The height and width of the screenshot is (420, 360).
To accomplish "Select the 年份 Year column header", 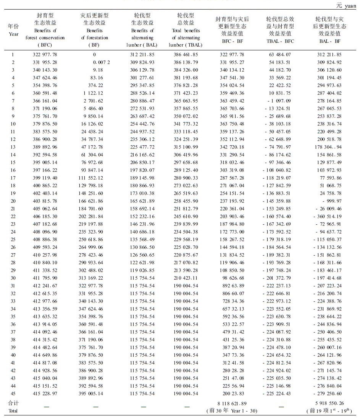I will pos(13,30).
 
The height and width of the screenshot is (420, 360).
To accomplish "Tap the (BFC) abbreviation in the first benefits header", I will pos(45,45).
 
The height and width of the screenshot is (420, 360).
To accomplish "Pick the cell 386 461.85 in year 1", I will pos(185,55).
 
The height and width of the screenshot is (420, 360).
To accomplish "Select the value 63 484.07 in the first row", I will pos(283,55).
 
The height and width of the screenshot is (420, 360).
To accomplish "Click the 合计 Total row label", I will pos(13,406).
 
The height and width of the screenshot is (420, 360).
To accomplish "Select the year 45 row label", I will pos(13,393).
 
